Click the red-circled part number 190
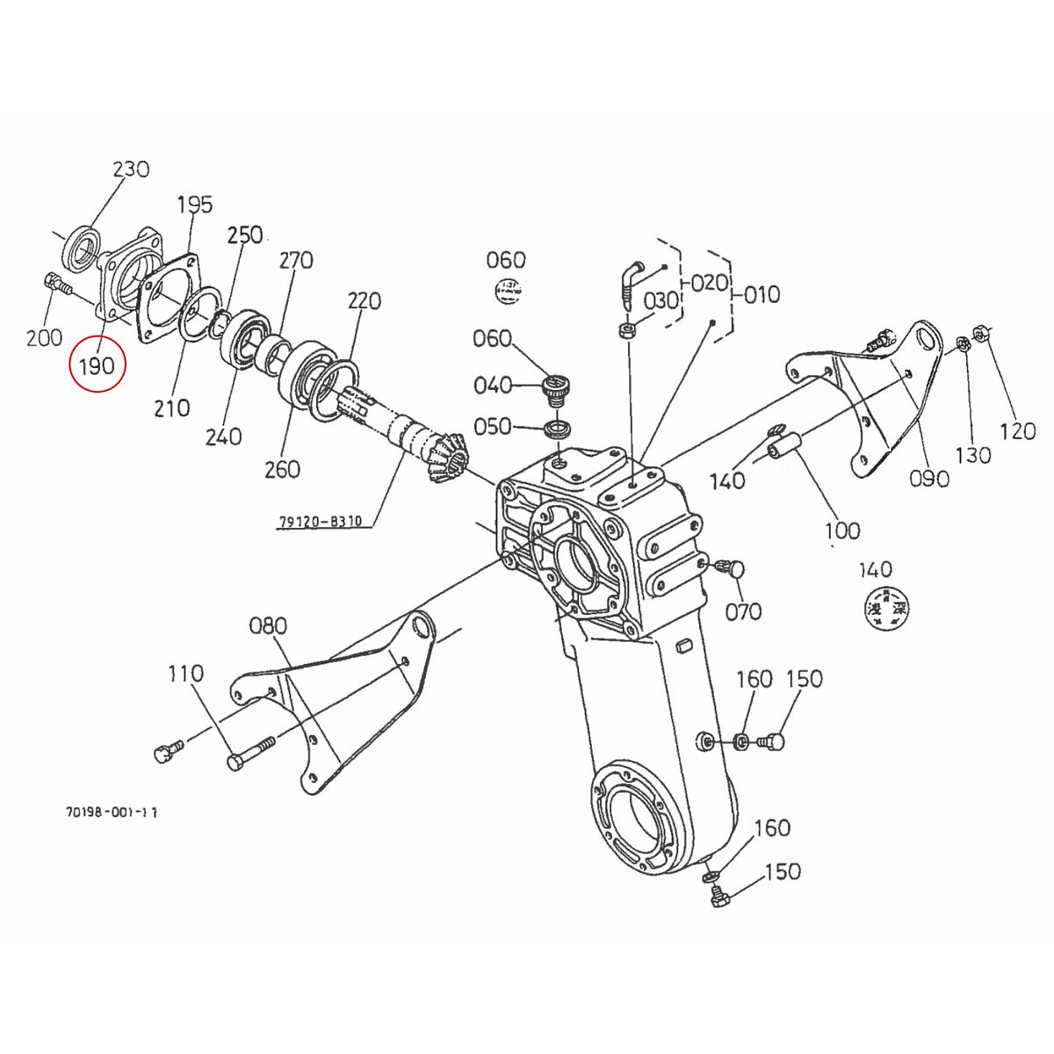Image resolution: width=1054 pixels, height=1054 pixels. click(97, 365)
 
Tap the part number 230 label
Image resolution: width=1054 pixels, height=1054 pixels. click(131, 169)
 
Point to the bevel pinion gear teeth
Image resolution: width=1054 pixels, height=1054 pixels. click(447, 458)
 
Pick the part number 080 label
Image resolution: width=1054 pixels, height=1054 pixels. click(268, 625)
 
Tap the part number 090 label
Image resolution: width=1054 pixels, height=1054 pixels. click(930, 478)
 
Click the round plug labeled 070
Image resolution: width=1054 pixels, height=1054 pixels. click(735, 568)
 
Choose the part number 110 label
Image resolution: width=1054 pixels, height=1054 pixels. click(185, 674)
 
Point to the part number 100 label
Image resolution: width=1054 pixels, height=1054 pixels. click(842, 531)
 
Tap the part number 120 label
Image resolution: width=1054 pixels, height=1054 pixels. click(1018, 430)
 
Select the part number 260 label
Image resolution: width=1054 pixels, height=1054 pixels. click(281, 469)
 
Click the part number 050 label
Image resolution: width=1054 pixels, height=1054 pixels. click(492, 426)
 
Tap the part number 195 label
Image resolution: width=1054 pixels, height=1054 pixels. click(195, 205)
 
